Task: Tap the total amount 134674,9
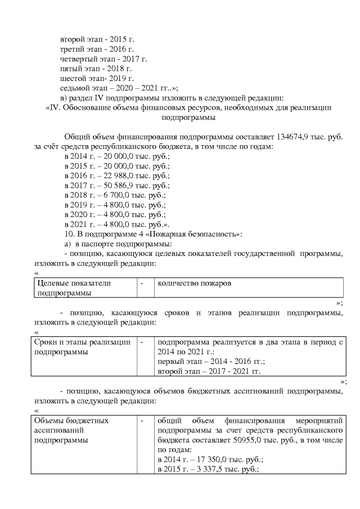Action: (287, 137)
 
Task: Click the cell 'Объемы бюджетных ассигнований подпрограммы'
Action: (71, 430)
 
